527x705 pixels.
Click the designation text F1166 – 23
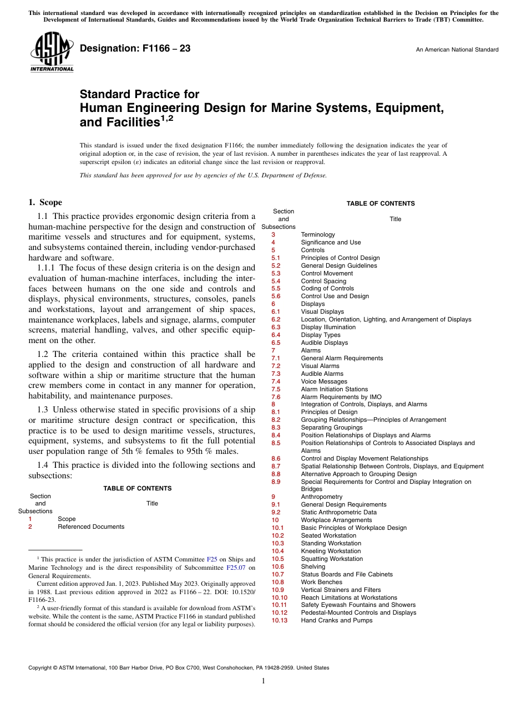[135, 49]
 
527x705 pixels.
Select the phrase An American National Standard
[457, 50]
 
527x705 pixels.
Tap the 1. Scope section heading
[45, 202]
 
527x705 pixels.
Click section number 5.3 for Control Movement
[276, 273]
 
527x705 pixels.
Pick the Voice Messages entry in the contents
[324, 381]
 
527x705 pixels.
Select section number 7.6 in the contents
[276, 397]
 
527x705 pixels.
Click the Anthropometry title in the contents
[322, 497]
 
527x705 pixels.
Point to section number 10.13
[280, 620]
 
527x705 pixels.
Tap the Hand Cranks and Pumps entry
[337, 620]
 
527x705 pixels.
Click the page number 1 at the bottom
[263, 681]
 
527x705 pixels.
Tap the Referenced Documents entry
[91, 527]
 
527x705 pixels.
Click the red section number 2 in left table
[30, 527]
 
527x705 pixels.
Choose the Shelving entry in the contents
[313, 566]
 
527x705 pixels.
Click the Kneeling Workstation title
[331, 551]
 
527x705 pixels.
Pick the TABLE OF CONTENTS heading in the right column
[381, 203]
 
